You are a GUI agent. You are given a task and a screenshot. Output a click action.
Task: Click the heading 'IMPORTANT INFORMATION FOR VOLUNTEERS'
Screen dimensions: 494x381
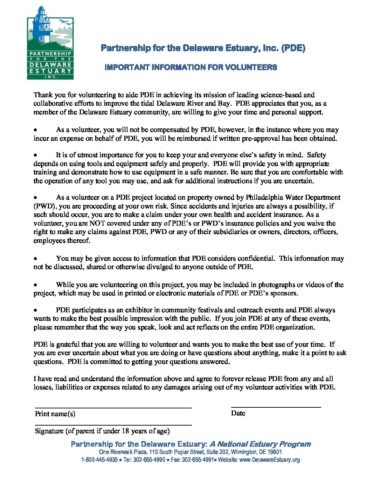coord(191,67)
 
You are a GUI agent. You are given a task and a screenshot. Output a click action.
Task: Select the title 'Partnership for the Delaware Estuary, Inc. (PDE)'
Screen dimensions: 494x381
coord(203,48)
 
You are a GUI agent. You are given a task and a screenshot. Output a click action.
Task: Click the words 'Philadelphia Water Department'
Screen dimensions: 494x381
coord(293,198)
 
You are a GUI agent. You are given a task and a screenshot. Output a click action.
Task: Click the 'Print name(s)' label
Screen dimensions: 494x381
coord(55,414)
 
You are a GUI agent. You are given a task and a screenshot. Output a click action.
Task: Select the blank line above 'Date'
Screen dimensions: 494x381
coord(276,407)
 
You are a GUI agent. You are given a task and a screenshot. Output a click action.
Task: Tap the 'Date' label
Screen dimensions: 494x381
coord(238,413)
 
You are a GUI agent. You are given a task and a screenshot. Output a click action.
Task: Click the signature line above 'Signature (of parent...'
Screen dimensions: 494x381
coord(113,425)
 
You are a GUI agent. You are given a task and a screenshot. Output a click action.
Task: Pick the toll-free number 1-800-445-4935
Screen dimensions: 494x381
coord(99,460)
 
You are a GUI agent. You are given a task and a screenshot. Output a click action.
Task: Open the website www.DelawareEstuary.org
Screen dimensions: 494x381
coord(269,460)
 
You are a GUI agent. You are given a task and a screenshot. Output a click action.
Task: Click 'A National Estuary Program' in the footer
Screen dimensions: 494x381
coord(260,444)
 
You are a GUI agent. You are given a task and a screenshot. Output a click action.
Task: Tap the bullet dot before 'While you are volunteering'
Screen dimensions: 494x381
coord(36,285)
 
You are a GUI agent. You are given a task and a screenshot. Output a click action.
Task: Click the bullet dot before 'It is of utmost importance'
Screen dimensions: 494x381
coord(36,155)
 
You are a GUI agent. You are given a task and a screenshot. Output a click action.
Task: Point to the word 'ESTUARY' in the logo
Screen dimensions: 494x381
coord(50,71)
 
